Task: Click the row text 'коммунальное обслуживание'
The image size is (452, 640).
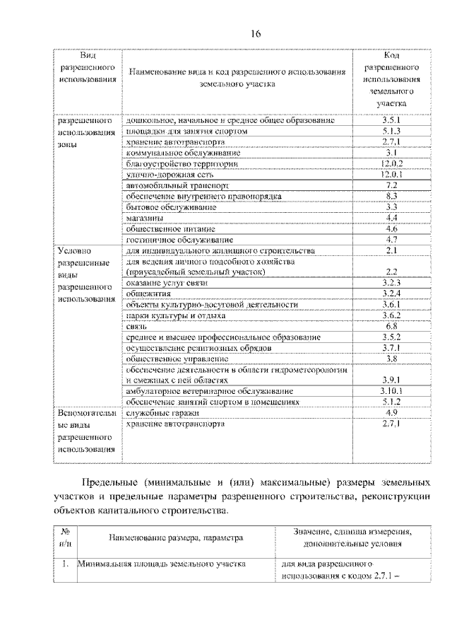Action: tap(184, 153)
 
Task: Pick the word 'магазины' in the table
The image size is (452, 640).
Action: tap(145, 219)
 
